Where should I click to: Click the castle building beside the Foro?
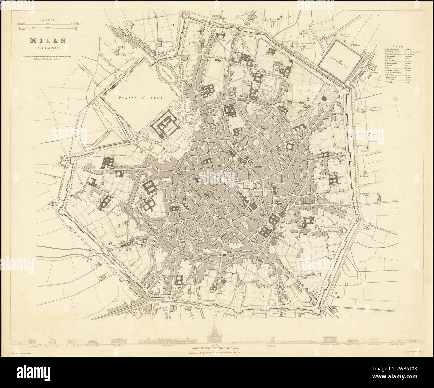[164, 124]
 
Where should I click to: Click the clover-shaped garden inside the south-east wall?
[342, 231]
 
